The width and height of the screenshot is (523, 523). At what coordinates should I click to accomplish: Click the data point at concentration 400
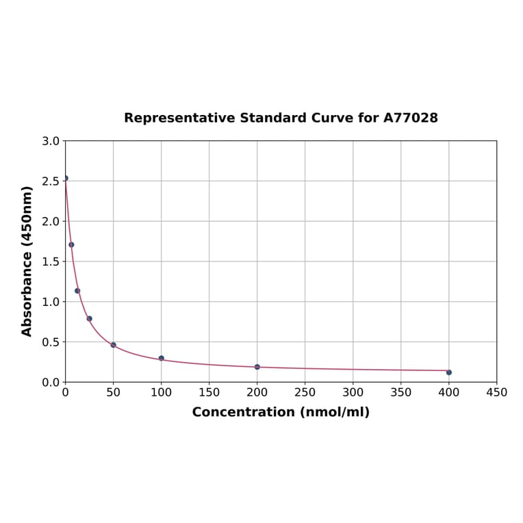click(448, 372)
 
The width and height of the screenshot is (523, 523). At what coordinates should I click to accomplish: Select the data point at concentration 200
click(257, 367)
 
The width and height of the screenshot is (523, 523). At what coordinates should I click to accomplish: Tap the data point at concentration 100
click(162, 358)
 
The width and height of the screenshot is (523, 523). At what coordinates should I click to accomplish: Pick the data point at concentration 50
click(114, 345)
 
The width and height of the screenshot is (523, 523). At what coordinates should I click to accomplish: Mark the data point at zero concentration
click(66, 178)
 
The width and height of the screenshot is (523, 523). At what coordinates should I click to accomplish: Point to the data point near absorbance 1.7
click(71, 244)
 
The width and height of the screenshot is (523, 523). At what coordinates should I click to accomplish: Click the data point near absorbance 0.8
click(90, 318)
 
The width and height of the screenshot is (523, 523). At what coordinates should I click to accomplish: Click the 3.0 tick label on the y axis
click(51, 141)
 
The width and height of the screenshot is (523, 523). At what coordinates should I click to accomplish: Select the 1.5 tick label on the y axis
click(51, 261)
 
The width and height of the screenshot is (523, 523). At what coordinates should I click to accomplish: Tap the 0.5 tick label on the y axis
click(51, 342)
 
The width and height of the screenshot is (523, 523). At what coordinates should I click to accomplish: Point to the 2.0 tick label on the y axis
click(51, 221)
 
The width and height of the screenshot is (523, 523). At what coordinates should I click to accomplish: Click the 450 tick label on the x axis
click(496, 392)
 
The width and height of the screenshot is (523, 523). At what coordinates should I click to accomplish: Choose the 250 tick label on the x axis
click(305, 392)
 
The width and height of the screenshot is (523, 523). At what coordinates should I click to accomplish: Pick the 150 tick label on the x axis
click(209, 392)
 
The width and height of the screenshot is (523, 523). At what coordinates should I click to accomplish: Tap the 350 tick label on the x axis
click(401, 392)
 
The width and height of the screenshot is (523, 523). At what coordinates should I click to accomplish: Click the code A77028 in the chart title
click(411, 118)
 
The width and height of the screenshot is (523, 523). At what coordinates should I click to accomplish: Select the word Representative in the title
click(180, 118)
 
